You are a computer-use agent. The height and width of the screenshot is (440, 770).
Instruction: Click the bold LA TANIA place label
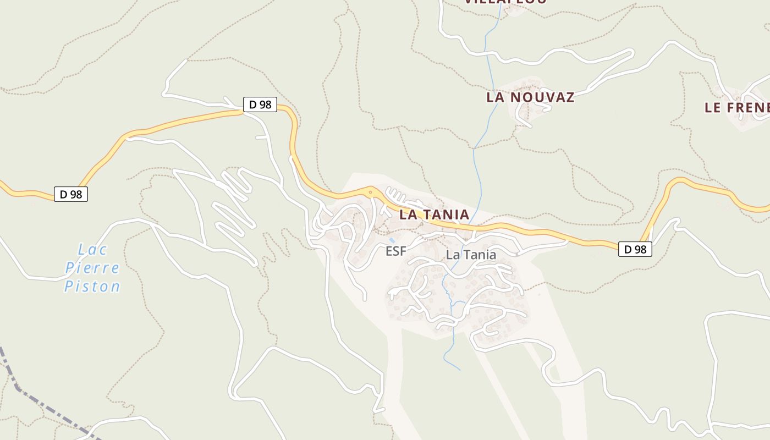[434, 215]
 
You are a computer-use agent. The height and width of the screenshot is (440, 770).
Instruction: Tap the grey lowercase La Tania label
[471, 255]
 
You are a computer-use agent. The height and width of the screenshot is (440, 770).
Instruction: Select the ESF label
[395, 251]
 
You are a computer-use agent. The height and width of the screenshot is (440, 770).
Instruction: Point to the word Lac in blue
[92, 250]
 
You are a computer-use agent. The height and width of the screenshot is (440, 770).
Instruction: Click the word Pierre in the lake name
[92, 268]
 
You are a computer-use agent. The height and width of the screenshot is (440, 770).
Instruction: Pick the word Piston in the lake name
[92, 287]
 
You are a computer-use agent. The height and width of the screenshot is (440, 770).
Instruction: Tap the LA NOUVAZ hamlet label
[530, 97]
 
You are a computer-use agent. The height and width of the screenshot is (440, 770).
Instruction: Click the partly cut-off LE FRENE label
[737, 108]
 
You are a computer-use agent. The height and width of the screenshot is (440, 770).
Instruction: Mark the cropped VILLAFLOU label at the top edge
[505, 2]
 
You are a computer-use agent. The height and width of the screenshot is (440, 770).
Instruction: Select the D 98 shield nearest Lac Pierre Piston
[71, 194]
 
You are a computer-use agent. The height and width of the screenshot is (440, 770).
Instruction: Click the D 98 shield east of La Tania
[635, 249]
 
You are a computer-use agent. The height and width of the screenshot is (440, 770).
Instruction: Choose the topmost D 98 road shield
[260, 105]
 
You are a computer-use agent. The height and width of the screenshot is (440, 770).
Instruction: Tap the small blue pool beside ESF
[392, 240]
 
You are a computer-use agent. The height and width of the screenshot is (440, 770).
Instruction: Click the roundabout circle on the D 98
[371, 193]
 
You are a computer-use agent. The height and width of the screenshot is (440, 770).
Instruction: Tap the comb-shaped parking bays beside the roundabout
[396, 195]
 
